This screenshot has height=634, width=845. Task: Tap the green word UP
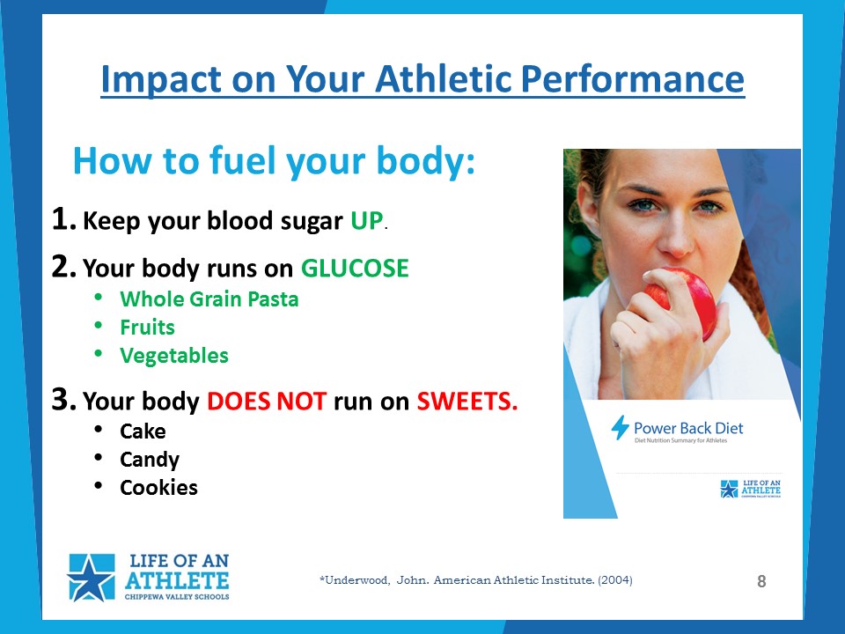click(x=366, y=220)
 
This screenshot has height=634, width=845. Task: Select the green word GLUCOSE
click(x=355, y=268)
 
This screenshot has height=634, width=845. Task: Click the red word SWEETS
click(x=467, y=401)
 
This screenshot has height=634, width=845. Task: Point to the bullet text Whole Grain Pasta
click(x=209, y=299)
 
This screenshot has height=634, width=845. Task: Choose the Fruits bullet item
click(x=147, y=328)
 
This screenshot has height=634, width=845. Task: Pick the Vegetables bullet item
click(x=174, y=356)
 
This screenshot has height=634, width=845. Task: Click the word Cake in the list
click(x=143, y=431)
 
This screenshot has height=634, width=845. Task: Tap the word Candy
click(x=150, y=460)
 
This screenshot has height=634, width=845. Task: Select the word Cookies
click(x=158, y=488)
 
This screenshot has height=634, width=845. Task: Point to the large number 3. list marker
click(x=63, y=399)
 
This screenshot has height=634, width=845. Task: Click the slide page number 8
click(x=761, y=581)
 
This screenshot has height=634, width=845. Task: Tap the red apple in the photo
click(x=687, y=302)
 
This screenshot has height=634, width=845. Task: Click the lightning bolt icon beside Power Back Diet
click(x=621, y=428)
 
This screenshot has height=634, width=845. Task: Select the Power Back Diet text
click(x=688, y=428)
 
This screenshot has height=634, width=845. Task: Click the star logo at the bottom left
click(x=91, y=578)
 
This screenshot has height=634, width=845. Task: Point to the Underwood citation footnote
click(x=476, y=580)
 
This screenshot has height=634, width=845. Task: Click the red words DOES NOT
click(x=267, y=402)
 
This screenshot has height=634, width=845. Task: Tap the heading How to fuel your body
click(x=275, y=160)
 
